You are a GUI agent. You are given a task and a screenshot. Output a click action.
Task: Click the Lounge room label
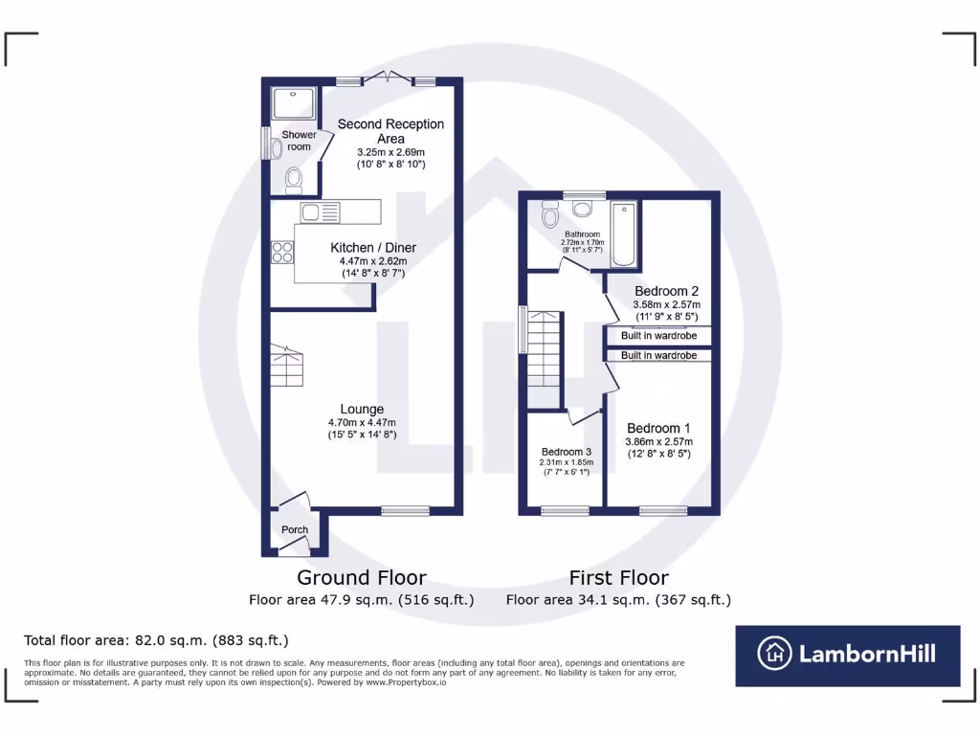tap(361, 409)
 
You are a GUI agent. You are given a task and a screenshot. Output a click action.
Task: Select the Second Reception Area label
tap(390, 131)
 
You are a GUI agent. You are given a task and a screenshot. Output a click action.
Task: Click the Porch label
tap(295, 530)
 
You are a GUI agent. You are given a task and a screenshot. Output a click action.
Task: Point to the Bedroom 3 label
tap(567, 452)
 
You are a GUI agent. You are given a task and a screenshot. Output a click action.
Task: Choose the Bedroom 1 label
tap(658, 428)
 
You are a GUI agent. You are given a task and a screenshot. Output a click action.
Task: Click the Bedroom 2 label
tap(667, 291)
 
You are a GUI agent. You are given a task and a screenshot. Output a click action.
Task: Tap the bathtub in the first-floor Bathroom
tap(623, 234)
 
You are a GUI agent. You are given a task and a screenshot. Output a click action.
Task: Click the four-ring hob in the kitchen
tap(282, 252)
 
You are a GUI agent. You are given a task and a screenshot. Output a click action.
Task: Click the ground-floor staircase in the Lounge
tap(287, 367)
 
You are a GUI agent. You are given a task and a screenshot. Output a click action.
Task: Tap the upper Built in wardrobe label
tap(658, 336)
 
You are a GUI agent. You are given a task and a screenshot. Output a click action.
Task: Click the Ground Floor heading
tap(361, 577)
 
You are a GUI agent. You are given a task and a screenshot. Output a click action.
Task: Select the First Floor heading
tap(618, 577)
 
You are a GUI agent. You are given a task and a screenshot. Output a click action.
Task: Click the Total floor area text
tap(156, 640)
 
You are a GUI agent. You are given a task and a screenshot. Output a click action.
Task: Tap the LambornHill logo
tap(847, 655)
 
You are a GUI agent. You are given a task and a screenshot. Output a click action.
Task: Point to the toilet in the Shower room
tap(294, 179)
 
